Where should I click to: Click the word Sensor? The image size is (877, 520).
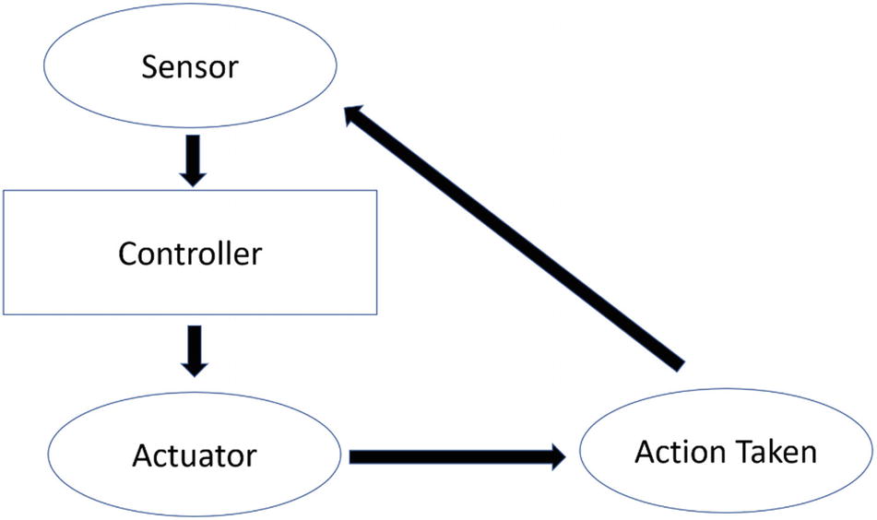pyautogui.click(x=189, y=67)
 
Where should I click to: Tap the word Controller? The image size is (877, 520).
pyautogui.click(x=189, y=253)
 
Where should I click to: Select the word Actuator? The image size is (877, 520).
pyautogui.click(x=194, y=455)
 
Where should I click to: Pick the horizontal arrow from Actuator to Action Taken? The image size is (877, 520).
pyautogui.click(x=457, y=455)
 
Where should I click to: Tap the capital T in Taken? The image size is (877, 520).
pyautogui.click(x=736, y=453)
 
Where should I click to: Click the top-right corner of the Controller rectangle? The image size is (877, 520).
pyautogui.click(x=377, y=191)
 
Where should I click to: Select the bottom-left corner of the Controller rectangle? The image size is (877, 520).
pyautogui.click(x=3, y=313)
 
